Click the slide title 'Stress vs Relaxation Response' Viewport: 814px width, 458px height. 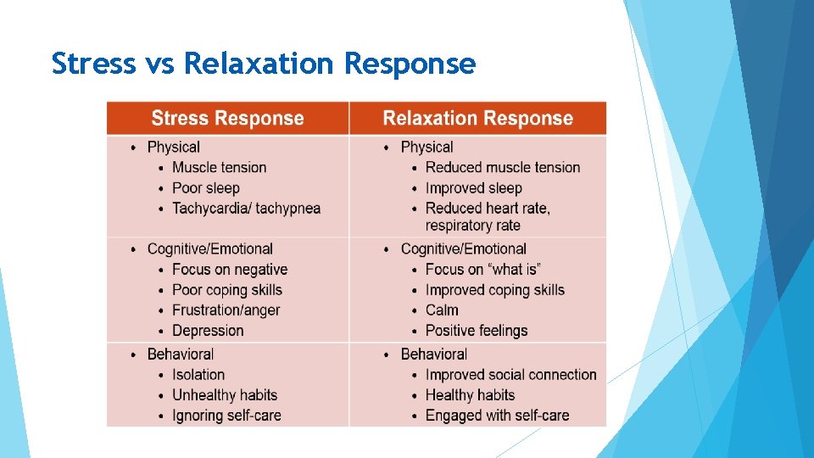[x=263, y=64]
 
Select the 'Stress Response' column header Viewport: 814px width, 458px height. [x=227, y=119]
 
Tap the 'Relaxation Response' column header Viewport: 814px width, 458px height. [x=477, y=119]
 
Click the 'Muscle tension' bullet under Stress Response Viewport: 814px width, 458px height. [x=219, y=168]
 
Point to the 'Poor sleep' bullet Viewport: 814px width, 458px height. [x=206, y=188]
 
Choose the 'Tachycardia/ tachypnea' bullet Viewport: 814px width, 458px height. [x=246, y=209]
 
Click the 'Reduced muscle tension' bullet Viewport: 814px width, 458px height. [x=502, y=168]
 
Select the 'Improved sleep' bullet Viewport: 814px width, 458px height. [x=473, y=188]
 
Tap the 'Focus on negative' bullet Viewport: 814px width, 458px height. [x=230, y=270]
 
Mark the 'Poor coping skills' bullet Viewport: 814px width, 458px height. [x=227, y=290]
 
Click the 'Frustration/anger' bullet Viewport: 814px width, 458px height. [x=226, y=310]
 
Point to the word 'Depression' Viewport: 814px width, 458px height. [x=208, y=331]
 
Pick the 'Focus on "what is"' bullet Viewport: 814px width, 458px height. [x=482, y=270]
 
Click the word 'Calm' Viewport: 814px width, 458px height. [x=442, y=310]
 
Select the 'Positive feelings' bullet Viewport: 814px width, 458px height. [x=477, y=331]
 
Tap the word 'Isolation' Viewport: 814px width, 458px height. [x=198, y=375]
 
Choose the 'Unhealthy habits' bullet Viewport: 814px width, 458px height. [x=225, y=395]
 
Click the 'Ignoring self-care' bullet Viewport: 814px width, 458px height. [x=226, y=416]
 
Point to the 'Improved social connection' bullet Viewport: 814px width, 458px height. [x=510, y=375]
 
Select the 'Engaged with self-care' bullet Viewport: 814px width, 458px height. [x=497, y=416]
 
